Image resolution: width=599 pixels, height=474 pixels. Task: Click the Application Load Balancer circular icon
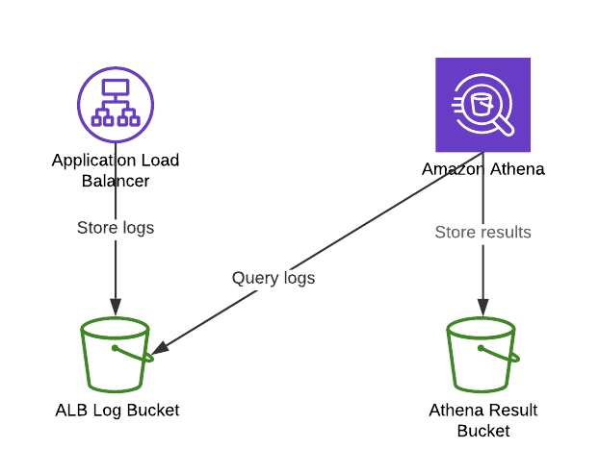point(116,104)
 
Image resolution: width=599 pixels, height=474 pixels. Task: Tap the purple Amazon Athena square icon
point(482,105)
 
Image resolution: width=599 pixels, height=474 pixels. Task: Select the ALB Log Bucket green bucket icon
point(116,356)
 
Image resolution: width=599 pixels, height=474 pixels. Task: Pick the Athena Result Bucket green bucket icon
point(482,357)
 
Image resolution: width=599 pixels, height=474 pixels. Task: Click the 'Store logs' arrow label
point(116,228)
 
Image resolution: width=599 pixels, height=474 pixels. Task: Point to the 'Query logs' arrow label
point(273,278)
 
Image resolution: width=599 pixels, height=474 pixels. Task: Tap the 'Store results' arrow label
point(482,232)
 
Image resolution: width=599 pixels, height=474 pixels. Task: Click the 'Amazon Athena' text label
point(482,169)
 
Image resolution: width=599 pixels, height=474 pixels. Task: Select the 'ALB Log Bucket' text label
point(117,411)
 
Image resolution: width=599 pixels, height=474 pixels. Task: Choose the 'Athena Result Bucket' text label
point(482,421)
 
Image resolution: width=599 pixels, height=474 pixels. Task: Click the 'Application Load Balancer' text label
point(116,170)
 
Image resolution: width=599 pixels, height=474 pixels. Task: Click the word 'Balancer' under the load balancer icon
point(116,181)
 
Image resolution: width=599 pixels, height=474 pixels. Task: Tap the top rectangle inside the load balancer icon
point(116,87)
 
